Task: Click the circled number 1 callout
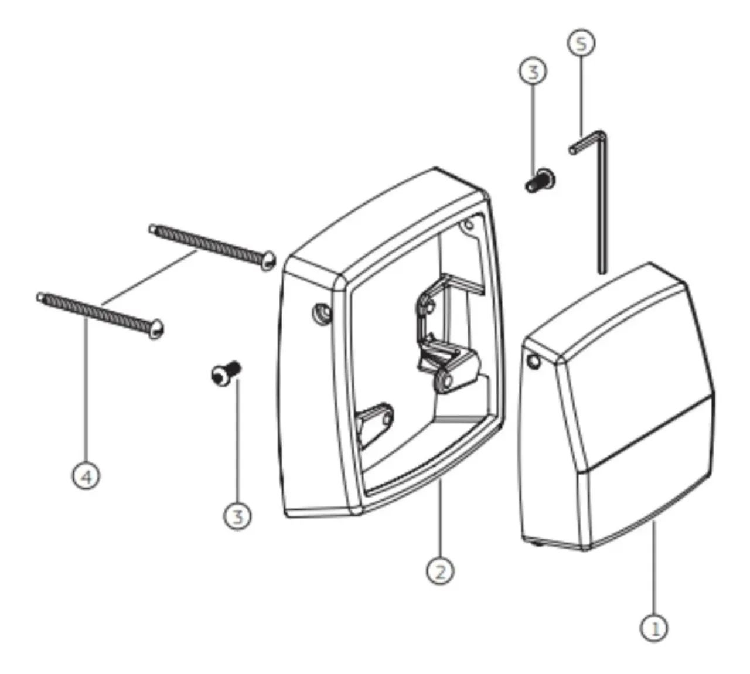pyautogui.click(x=654, y=628)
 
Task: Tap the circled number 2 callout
pyautogui.click(x=440, y=571)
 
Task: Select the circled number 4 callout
pyautogui.click(x=86, y=477)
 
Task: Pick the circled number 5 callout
pyautogui.click(x=581, y=43)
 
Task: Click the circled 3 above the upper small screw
pyautogui.click(x=533, y=72)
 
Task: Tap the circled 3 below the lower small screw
pyautogui.click(x=237, y=516)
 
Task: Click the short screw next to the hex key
pyautogui.click(x=540, y=181)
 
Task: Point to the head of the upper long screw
pyautogui.click(x=268, y=260)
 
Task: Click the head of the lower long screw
pyautogui.click(x=156, y=329)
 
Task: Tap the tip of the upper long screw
pyautogui.click(x=151, y=228)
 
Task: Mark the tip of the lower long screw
pyautogui.click(x=39, y=297)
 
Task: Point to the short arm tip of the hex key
pyautogui.click(x=572, y=150)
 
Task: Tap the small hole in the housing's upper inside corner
pyautogui.click(x=469, y=224)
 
